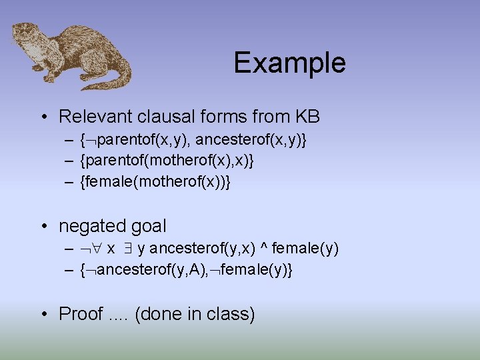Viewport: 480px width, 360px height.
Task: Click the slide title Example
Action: [x=289, y=63]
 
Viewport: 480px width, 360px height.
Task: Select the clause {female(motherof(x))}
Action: [x=155, y=182]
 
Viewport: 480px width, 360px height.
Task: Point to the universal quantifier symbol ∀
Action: [x=97, y=250]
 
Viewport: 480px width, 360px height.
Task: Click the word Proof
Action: [x=81, y=313]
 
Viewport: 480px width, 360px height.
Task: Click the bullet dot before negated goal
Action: [x=43, y=227]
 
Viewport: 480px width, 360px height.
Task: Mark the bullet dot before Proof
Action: [x=43, y=313]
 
